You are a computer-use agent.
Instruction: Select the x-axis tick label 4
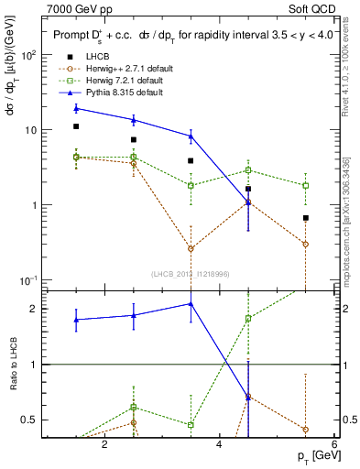coord(220,444)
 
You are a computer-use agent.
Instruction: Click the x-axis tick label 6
coord(334,444)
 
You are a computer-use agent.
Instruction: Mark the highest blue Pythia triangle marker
coord(77,109)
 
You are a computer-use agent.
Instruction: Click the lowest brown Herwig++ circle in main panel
coord(191,248)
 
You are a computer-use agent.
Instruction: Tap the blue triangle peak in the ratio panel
coord(191,304)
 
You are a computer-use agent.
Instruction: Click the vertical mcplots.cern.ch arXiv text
coord(349,211)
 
